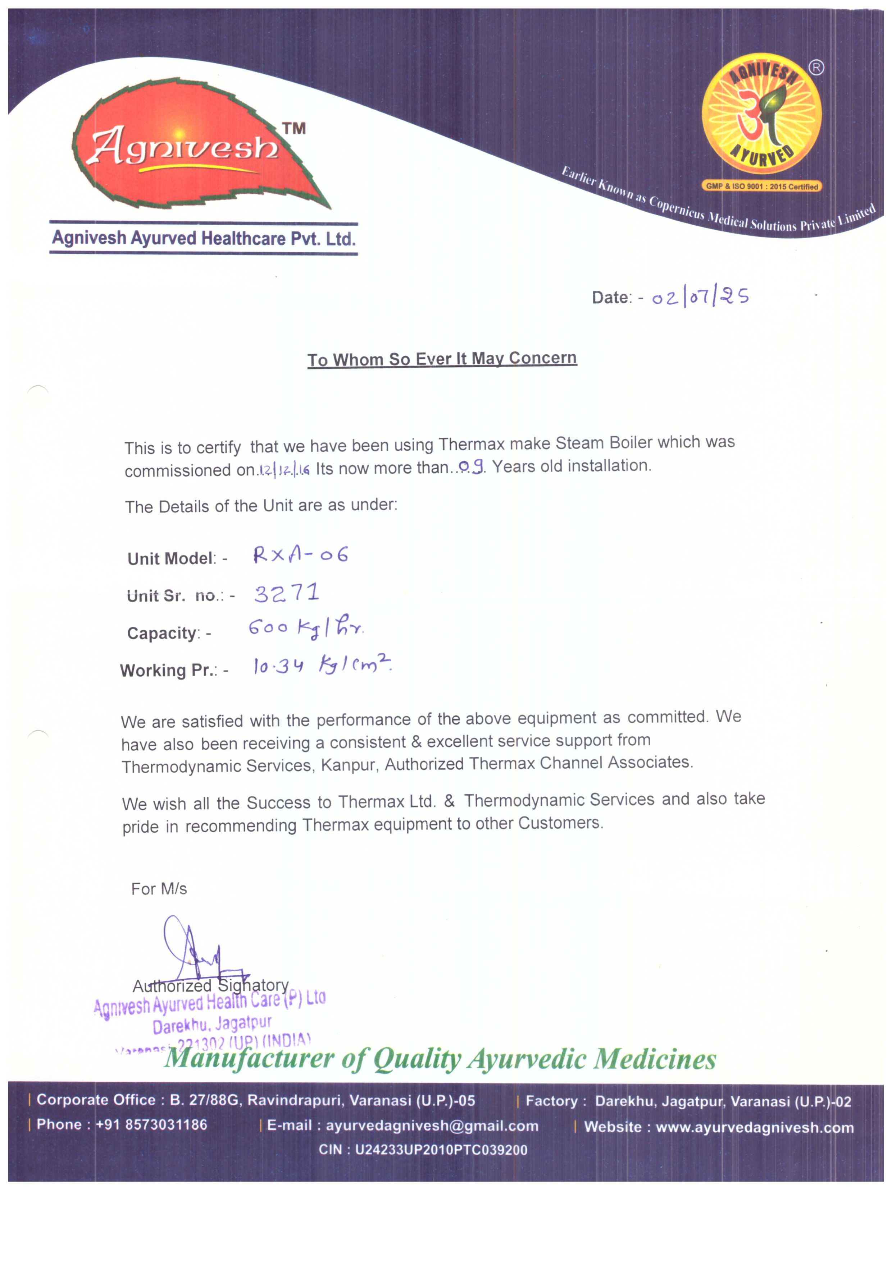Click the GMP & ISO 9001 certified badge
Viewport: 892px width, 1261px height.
tap(762, 186)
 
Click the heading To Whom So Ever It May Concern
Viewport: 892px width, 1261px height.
tap(442, 359)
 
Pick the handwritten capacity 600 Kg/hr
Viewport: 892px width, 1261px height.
tap(306, 627)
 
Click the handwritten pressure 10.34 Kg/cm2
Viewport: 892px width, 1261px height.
tap(322, 665)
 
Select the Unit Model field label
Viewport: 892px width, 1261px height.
tap(172, 558)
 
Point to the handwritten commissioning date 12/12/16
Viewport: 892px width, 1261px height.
tap(284, 470)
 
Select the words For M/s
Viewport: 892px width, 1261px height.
tap(159, 889)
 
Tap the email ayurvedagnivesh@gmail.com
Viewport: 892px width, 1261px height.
tap(432, 1126)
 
